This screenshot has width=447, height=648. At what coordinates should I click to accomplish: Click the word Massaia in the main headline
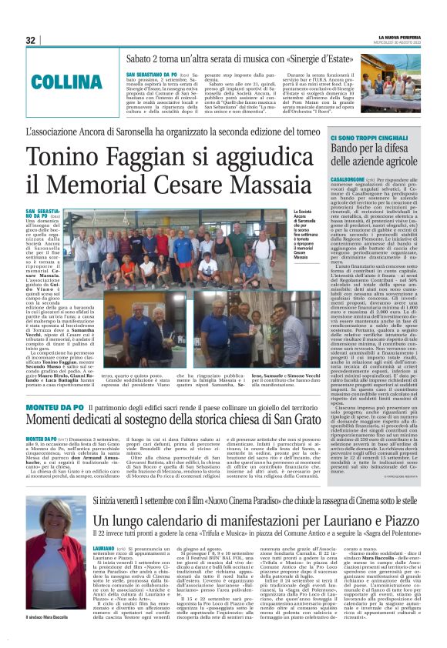261,187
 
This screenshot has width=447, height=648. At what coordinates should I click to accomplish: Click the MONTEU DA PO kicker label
55,406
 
